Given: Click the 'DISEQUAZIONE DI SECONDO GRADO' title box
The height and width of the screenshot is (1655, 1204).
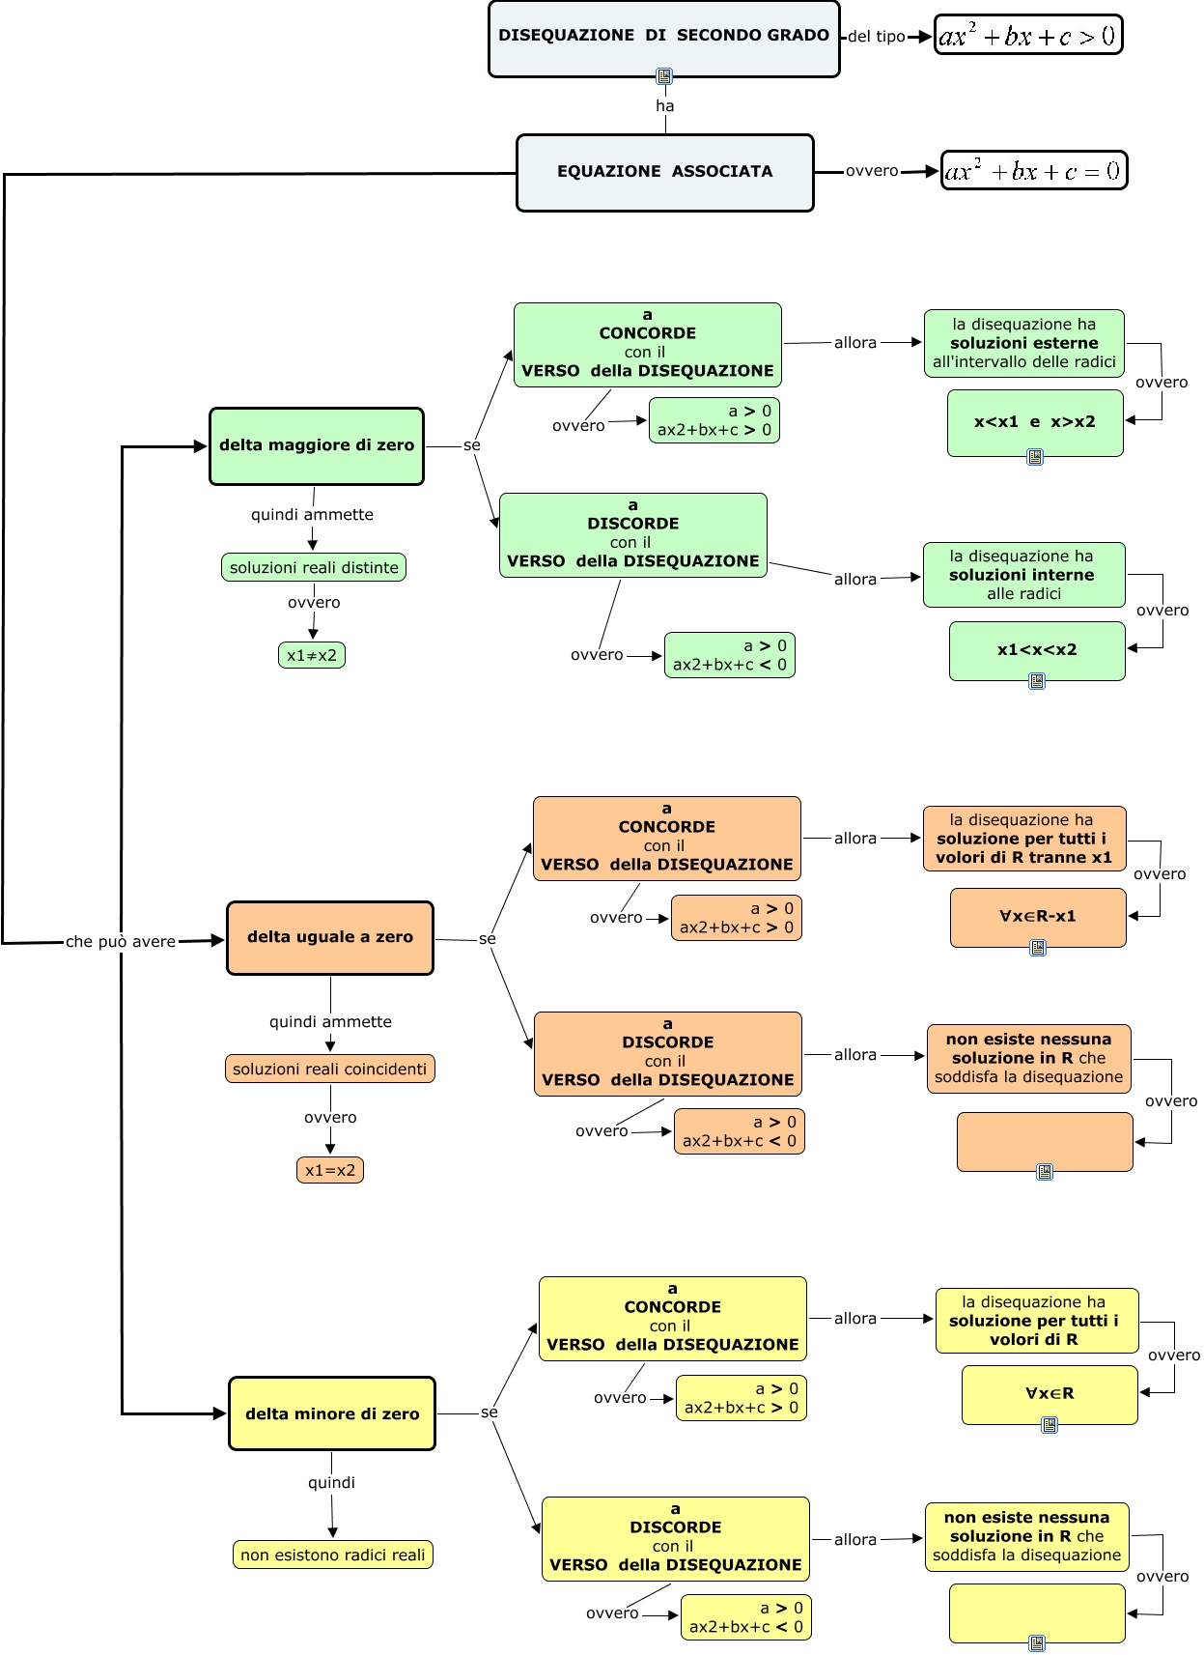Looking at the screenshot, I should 663,37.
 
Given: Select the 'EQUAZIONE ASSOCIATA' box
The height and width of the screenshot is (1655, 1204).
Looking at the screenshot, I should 664,172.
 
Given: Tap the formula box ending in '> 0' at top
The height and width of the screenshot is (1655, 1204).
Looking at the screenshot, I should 1027,36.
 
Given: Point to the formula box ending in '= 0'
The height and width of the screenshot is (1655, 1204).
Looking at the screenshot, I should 1033,171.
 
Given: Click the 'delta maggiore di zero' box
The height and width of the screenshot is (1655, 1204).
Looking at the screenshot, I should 317,445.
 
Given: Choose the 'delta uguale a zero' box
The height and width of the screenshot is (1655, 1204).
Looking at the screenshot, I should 329,937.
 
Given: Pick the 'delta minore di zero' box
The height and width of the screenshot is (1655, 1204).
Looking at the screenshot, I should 331,1413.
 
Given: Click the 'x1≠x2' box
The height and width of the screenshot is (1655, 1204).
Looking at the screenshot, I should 311,655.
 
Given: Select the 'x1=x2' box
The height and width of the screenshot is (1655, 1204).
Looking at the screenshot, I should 329,1170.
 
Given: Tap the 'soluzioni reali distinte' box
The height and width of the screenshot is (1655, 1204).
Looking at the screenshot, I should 314,567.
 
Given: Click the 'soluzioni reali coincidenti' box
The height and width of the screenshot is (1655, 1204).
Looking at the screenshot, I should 329,1069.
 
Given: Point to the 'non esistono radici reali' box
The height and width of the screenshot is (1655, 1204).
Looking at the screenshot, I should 332,1555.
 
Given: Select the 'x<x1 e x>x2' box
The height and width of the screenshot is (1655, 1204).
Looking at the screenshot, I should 1035,422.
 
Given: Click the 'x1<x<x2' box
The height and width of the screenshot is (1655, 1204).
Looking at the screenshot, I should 1037,650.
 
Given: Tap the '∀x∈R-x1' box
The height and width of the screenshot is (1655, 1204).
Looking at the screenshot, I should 1038,916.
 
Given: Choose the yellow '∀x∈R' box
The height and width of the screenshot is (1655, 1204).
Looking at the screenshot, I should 1050,1393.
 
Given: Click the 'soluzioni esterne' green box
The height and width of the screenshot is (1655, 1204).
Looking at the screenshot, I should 1023,343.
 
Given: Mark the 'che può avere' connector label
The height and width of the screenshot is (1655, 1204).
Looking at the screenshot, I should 121,942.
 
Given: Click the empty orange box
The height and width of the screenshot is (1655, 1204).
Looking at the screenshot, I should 1045,1141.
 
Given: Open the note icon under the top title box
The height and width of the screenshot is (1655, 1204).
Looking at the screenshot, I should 664,76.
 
